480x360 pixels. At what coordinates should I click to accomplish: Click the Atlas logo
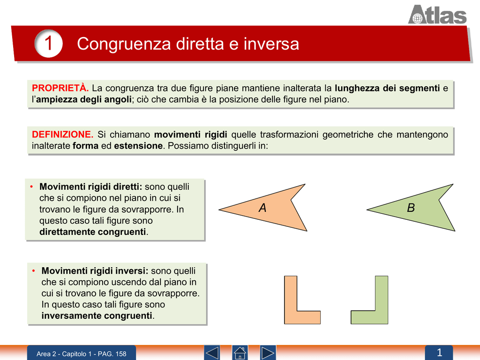tap(437, 15)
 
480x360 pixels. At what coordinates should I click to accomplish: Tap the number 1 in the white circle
tap(48, 43)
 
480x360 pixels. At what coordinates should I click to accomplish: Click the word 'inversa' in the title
tap(271, 44)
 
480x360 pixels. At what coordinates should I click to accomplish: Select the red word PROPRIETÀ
tap(60, 88)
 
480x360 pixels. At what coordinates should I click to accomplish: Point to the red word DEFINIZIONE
tap(62, 135)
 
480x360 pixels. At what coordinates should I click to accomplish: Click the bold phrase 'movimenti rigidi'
tap(190, 135)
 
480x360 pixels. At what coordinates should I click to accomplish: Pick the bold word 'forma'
tap(85, 146)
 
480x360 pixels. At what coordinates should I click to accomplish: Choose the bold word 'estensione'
tap(138, 146)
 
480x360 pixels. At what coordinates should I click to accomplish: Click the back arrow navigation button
tap(212, 353)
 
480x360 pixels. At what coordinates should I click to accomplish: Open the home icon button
tap(240, 353)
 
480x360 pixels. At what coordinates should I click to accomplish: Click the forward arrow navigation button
tap(268, 353)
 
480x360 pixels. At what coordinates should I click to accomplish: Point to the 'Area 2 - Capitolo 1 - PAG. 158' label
tap(82, 354)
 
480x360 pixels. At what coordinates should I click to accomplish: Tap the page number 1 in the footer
tap(439, 352)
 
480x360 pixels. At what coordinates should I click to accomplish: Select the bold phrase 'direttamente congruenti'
tap(92, 232)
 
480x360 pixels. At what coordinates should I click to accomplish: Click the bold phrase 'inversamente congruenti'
tap(97, 315)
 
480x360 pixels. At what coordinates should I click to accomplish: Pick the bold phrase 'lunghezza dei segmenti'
tap(387, 88)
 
